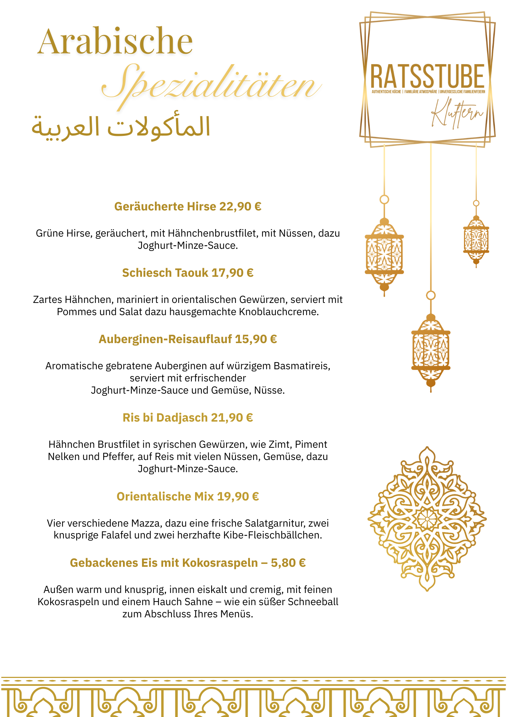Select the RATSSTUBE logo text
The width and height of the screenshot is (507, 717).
coord(427,76)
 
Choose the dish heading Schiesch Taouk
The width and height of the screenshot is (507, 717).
coord(165,273)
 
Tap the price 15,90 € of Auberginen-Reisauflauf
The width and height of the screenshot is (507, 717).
coord(256,339)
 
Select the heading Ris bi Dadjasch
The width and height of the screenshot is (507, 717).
coord(165,418)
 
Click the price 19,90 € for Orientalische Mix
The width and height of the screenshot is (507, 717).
coord(238,497)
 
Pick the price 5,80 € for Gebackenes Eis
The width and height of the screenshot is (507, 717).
coord(288,563)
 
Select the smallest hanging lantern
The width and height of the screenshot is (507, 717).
coord(476,239)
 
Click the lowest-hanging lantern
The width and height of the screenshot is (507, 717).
coord(431,350)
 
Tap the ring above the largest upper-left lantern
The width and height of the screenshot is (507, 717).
coord(384,199)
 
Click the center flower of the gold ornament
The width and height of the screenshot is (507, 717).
coord(427,519)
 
